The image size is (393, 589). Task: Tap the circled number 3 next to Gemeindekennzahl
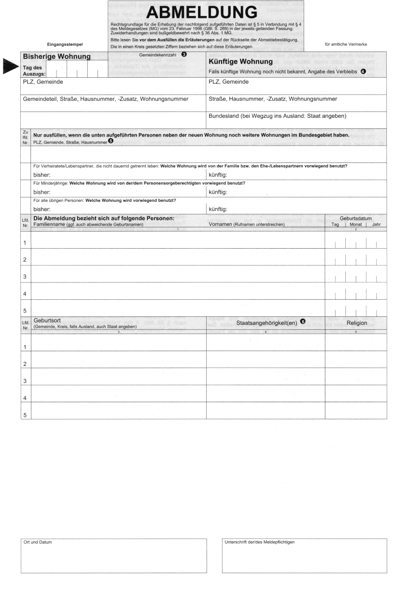tap(184, 55)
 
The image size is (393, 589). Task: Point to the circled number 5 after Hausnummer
tap(111, 141)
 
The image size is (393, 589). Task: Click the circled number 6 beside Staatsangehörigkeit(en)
tap(303, 322)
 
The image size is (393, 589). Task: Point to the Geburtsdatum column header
tap(356, 218)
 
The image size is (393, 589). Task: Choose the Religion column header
tap(356, 323)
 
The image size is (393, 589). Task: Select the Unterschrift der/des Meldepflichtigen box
tap(304, 555)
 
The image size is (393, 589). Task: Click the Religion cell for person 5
tap(356, 410)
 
